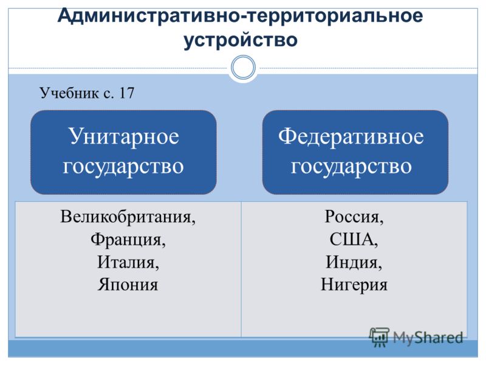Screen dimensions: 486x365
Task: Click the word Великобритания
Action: point(128,217)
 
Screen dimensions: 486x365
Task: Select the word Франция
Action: point(128,240)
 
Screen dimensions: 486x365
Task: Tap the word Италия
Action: point(128,262)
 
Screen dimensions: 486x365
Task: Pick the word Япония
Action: point(128,285)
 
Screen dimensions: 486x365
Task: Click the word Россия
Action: point(354,217)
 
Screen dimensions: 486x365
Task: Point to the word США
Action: point(354,240)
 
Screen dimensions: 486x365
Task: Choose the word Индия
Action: point(354,262)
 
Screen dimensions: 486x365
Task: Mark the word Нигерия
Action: point(354,285)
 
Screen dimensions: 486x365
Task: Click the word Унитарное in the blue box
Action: point(124,137)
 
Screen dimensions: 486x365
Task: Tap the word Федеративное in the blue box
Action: point(351,137)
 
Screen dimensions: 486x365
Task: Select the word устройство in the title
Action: point(241,40)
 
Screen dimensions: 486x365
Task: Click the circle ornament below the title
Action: point(244,68)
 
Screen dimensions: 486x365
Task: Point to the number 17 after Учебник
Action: point(126,93)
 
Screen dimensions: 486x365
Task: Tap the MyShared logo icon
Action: point(379,337)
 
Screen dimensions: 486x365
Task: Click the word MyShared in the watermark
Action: point(428,338)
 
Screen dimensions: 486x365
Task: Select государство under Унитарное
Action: point(123,167)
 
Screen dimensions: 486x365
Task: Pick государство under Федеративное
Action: point(351,167)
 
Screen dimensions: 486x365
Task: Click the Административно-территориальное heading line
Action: point(240,15)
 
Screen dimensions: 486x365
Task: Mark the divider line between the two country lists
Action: point(241,269)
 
